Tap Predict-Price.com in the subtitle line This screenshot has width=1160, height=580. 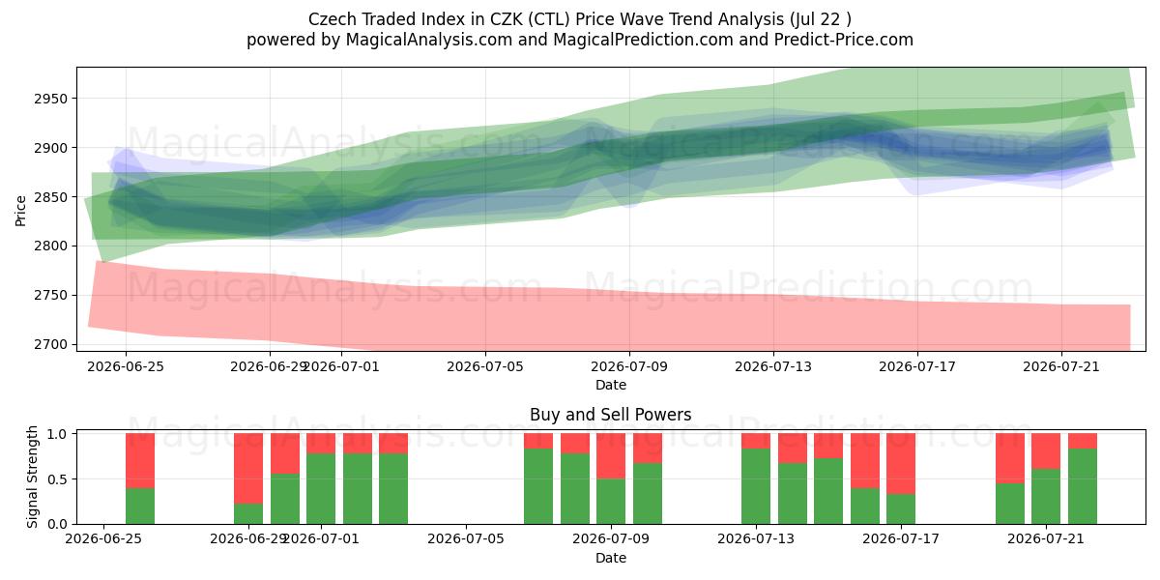click(x=844, y=40)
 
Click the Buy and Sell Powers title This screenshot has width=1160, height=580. click(x=611, y=415)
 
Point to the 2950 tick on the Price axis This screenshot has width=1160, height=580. click(x=51, y=99)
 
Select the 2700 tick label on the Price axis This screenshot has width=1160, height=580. click(x=51, y=344)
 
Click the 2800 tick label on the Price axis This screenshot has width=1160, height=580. click(x=51, y=246)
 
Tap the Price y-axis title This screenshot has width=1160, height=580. click(x=20, y=211)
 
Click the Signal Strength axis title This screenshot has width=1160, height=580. click(x=32, y=477)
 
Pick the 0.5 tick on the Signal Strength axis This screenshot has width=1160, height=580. click(x=57, y=479)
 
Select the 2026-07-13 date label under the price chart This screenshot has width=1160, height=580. click(x=773, y=366)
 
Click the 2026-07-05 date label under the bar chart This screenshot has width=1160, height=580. click(x=466, y=539)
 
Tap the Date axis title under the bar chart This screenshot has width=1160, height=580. click(x=611, y=558)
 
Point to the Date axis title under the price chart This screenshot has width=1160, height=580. click(x=611, y=385)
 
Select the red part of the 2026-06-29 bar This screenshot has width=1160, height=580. click(x=248, y=469)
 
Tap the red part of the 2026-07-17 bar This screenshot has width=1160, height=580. click(x=901, y=463)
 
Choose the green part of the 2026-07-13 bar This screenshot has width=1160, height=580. click(x=756, y=485)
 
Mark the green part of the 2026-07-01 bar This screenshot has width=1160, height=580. click(x=321, y=488)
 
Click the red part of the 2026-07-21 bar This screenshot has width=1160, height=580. click(x=1046, y=451)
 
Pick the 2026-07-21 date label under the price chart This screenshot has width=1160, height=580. click(x=1061, y=366)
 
